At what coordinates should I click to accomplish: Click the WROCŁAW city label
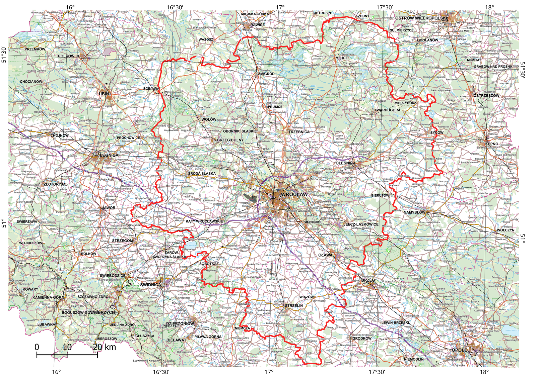coord(294,195)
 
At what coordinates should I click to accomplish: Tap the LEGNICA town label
coord(109,155)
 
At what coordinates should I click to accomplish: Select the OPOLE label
coord(459,350)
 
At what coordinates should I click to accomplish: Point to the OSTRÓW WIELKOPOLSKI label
coord(421,18)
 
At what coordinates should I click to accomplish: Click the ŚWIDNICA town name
coord(150,285)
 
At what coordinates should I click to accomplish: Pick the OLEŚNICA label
coord(346,163)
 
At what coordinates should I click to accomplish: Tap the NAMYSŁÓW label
coord(414,212)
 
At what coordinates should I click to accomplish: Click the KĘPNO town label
coord(492,144)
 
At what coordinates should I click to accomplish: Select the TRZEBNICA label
coord(299,132)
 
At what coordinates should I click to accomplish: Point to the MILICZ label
coord(342,58)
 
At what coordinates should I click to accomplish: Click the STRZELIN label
coord(294,306)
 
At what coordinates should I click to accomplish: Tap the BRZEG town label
coord(368,280)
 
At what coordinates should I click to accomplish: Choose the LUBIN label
coord(103,94)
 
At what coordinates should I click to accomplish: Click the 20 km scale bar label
coord(105,347)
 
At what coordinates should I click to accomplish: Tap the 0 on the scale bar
coord(37,347)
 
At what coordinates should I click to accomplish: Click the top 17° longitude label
coord(280,7)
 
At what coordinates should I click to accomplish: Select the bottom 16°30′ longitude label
coord(161,372)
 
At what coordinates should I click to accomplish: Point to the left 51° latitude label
coord(4,223)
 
